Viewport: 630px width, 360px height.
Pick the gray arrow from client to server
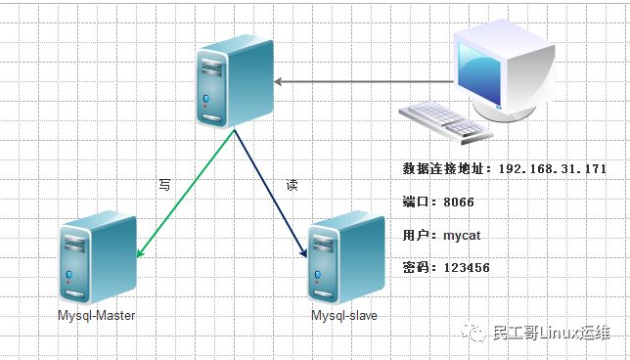(x=362, y=81)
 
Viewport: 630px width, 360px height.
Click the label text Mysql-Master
(x=96, y=316)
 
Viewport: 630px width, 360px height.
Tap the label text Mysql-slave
(x=343, y=316)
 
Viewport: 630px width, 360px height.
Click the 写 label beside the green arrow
(x=164, y=183)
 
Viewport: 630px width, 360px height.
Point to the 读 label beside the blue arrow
(x=291, y=183)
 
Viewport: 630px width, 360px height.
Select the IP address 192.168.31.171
(x=553, y=169)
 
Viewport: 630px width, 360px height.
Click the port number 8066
(x=458, y=202)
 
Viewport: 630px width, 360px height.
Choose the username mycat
(x=462, y=235)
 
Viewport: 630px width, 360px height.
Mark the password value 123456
(x=466, y=267)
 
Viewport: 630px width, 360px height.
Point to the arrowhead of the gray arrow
(x=279, y=81)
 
